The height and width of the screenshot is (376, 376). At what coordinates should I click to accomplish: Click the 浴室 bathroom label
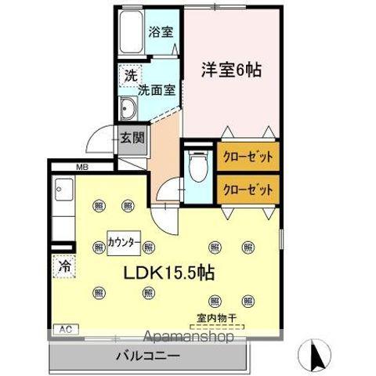tap(161, 33)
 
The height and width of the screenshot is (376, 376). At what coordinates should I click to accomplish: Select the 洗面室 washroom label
tap(155, 89)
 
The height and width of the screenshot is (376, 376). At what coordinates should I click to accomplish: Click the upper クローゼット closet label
tap(248, 157)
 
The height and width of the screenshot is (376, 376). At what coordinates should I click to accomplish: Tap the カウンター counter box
tap(125, 242)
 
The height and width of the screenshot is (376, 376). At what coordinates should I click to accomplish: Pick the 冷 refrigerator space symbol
tap(64, 266)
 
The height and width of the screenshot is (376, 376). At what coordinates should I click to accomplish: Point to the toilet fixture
tap(197, 166)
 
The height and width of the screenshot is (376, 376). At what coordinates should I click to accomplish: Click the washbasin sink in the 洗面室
tap(128, 107)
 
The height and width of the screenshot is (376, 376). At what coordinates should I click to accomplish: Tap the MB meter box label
tap(81, 167)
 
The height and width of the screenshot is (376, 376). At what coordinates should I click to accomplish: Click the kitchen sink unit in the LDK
tap(64, 195)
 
